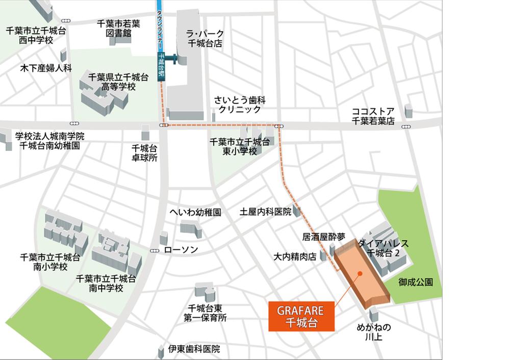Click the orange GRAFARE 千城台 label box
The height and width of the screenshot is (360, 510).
pyautogui.click(x=301, y=316)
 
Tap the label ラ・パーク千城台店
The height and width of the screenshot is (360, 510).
pyautogui.click(x=206, y=38)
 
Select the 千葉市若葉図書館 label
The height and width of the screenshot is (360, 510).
pyautogui.click(x=119, y=28)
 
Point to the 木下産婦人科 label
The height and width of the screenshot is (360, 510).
pyautogui.click(x=46, y=67)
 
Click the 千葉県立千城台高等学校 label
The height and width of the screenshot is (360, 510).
pyautogui.click(x=118, y=82)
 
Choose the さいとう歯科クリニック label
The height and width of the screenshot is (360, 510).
pyautogui.click(x=239, y=105)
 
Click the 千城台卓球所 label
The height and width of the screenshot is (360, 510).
pyautogui.click(x=144, y=153)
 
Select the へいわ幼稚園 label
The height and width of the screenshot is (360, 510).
pyautogui.click(x=195, y=212)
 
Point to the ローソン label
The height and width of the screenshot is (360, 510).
pyautogui.click(x=181, y=250)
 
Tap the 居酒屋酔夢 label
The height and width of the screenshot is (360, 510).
pyautogui.click(x=323, y=237)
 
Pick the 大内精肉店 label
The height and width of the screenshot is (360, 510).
pyautogui.click(x=295, y=256)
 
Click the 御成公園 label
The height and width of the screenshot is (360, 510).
pyautogui.click(x=416, y=281)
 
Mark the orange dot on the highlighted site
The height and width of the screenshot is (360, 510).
pyautogui.click(x=361, y=273)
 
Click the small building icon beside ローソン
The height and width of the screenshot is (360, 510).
pyautogui.click(x=164, y=238)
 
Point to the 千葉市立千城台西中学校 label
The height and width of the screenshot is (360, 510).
pyautogui.click(x=36, y=35)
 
